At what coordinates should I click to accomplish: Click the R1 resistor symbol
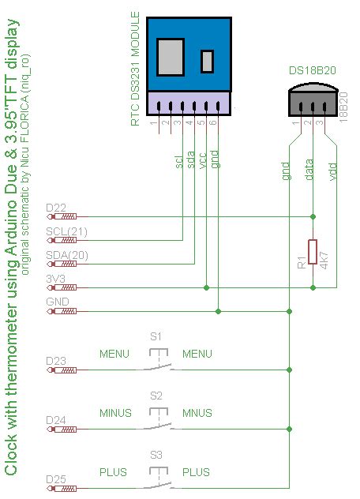pos(313,252)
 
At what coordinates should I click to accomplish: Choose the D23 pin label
pos(56,361)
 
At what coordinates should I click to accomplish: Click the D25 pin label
pos(56,479)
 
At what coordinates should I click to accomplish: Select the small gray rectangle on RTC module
pos(208,62)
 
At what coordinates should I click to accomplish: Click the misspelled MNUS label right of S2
pos(197,413)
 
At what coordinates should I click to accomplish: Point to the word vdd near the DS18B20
pos(333,171)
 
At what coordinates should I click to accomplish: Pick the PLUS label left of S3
pos(113,472)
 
